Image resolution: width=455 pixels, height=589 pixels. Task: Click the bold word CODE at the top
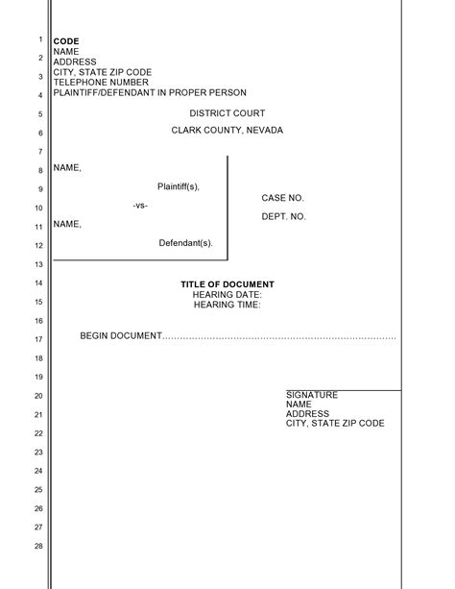pos(66,41)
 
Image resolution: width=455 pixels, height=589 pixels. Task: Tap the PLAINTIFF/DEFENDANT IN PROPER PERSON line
pos(150,93)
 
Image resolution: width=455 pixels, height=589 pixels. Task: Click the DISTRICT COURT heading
pos(227,113)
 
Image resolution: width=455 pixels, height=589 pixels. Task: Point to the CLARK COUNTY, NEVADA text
pos(227,131)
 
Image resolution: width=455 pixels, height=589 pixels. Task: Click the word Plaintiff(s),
pos(179,186)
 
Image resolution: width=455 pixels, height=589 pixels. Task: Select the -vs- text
pos(140,206)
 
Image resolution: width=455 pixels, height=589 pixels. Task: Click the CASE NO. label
pos(283,198)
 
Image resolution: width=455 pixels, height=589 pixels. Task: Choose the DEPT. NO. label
pos(284,217)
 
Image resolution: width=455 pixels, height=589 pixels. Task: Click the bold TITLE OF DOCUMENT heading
pos(227,284)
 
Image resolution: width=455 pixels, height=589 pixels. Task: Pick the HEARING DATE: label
pos(227,295)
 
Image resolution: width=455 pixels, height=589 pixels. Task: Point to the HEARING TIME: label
pos(227,305)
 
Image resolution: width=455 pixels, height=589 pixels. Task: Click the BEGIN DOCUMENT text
pos(121,336)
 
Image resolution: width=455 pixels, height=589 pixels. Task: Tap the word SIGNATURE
pos(312,395)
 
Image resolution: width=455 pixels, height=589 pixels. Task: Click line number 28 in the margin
pos(39,546)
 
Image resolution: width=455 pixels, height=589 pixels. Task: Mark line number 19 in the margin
pos(39,377)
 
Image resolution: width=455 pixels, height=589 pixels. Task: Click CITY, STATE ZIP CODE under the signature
pos(335,424)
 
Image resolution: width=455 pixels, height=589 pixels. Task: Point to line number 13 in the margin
pos(39,264)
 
